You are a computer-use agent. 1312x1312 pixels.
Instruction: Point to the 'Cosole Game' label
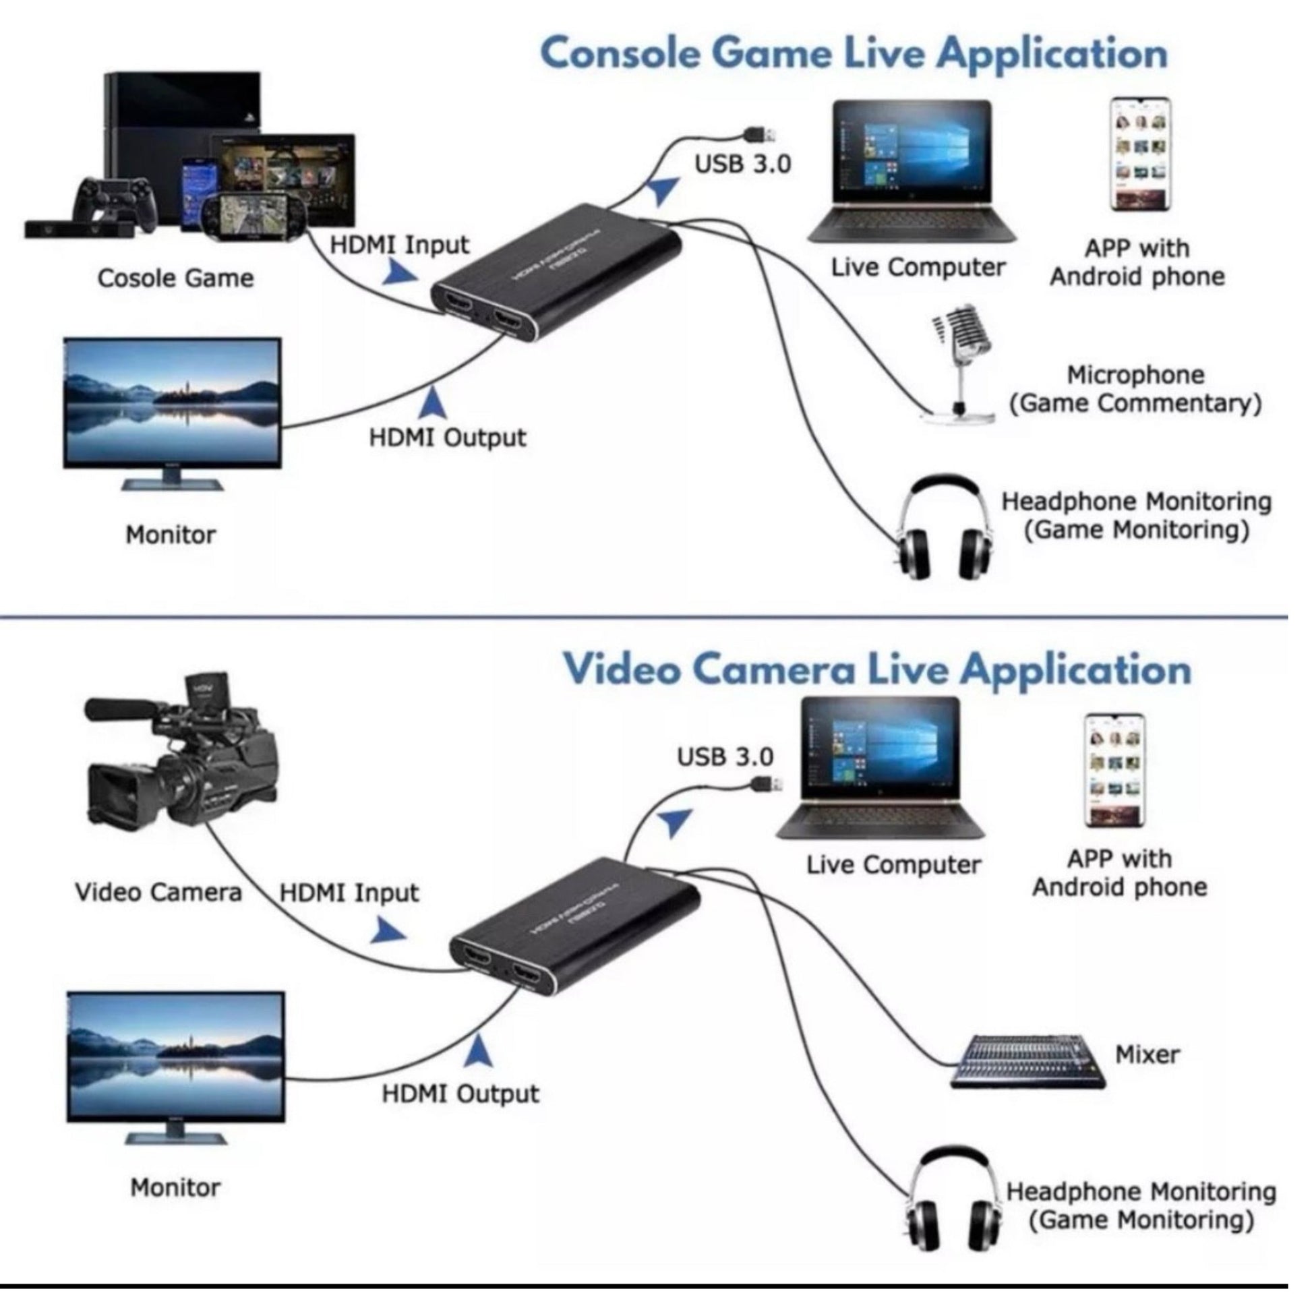click(x=175, y=278)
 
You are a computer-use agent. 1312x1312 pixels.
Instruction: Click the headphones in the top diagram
click(x=943, y=530)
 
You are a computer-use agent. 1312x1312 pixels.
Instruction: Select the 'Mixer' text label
click(x=1147, y=1054)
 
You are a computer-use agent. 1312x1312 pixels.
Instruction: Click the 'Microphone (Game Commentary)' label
click(x=1135, y=389)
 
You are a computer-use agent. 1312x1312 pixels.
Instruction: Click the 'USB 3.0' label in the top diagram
click(x=742, y=165)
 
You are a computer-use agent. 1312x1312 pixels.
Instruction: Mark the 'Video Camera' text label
click(x=158, y=893)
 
